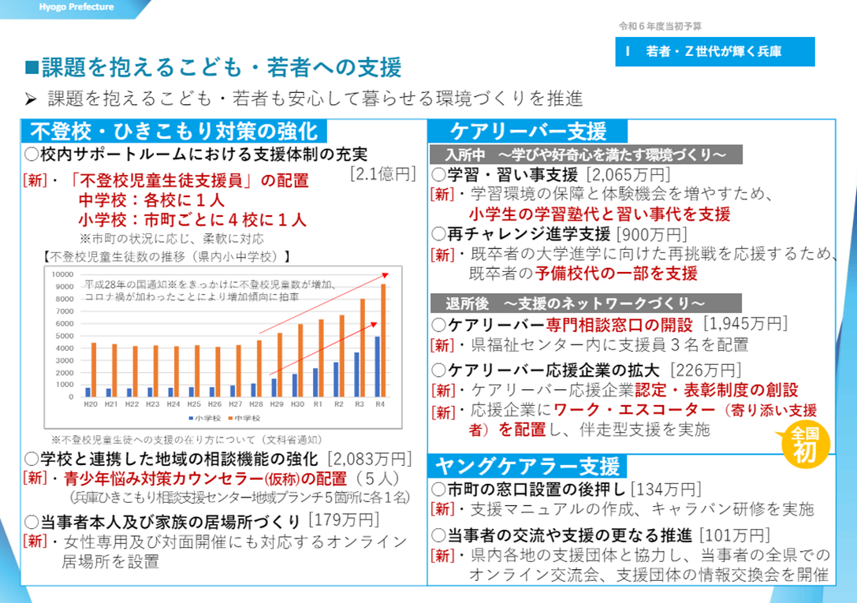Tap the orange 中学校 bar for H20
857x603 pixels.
pos(94,370)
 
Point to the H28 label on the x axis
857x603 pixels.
pos(256,404)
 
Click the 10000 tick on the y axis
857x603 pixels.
pos(62,274)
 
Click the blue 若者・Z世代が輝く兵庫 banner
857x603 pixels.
pos(704,52)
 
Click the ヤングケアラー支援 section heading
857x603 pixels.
pos(527,466)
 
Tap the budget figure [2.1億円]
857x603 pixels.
pos(382,174)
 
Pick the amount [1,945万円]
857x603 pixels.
pos(744,323)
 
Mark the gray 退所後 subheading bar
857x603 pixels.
pos(586,303)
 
